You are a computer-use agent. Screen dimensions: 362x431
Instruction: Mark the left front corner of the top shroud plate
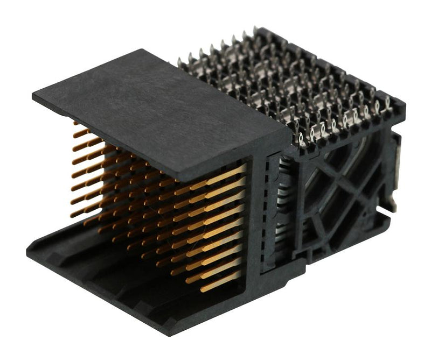click(33, 97)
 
